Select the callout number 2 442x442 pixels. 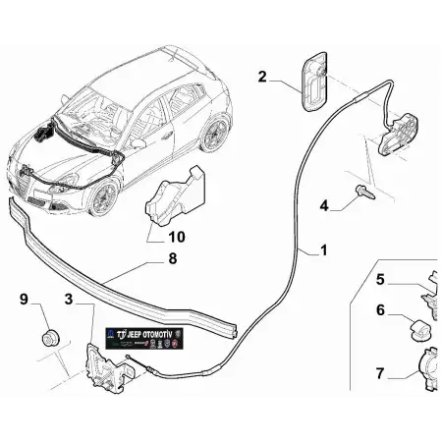tap(263, 76)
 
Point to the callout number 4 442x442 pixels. tap(324, 205)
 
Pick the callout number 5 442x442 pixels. tap(380, 279)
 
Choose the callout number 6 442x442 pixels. tap(380, 311)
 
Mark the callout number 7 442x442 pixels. tap(380, 372)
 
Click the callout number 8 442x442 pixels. tap(173, 260)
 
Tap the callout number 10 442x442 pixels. tap(177, 236)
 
